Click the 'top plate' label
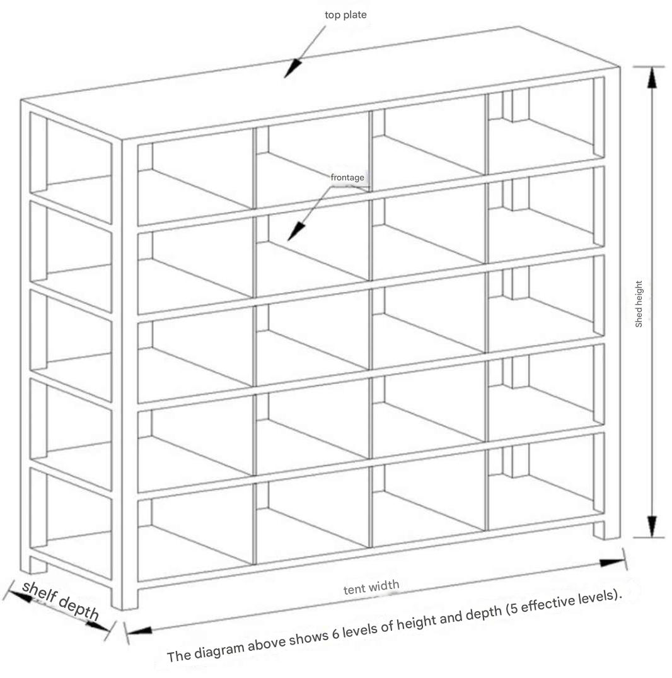coord(345,15)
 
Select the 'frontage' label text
coord(347,177)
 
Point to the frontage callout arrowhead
coord(296,231)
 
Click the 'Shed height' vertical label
coord(639,303)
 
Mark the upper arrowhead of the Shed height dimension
coord(652,78)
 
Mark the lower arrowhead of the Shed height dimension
coord(652,526)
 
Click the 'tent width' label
coord(371,587)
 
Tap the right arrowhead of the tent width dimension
coord(612,562)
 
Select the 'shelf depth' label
coord(61,600)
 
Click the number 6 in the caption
coord(335,634)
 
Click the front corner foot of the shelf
coord(124,599)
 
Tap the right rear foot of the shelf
coord(606,530)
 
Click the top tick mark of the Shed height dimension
coord(649,67)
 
